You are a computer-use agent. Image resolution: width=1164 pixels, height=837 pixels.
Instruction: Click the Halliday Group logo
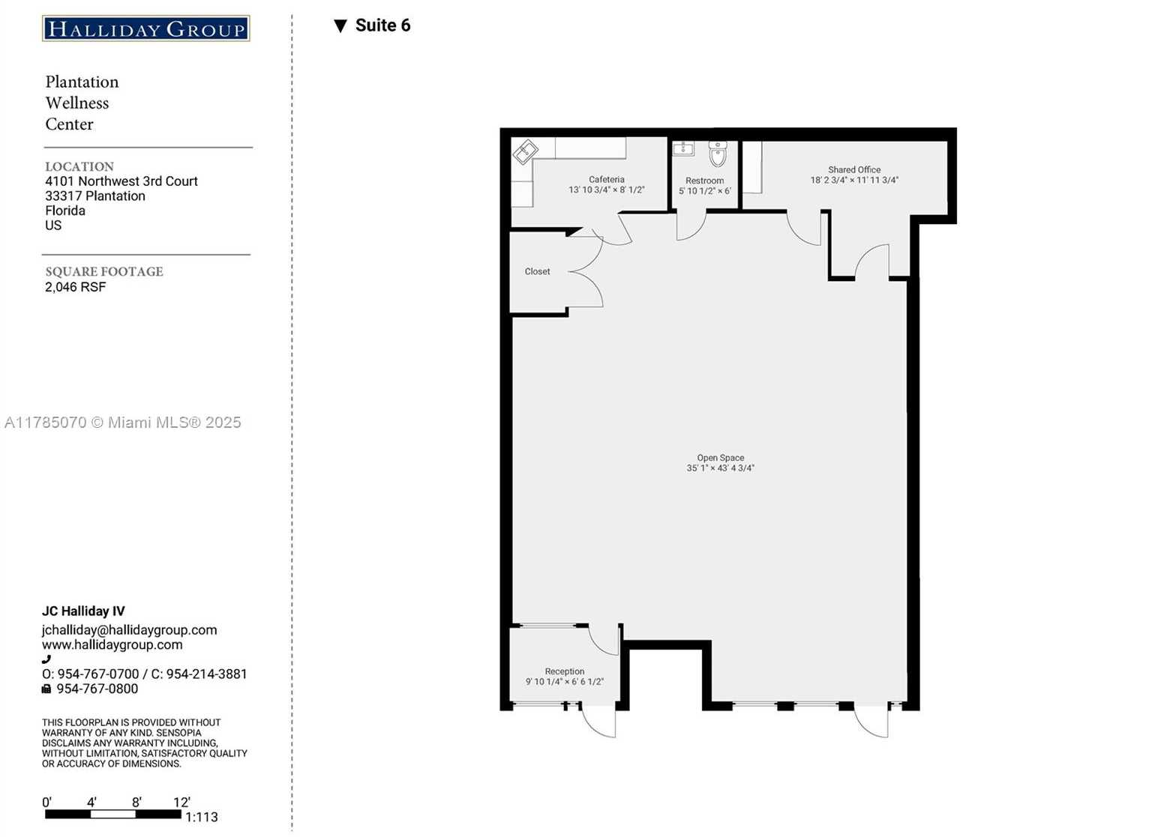pyautogui.click(x=146, y=28)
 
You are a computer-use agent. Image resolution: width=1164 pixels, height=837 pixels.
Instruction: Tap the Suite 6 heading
pyautogui.click(x=383, y=25)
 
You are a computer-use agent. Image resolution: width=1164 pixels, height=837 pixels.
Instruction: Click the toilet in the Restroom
pyautogui.click(x=718, y=154)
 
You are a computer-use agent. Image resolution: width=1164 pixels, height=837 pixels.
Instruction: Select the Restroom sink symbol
pyautogui.click(x=683, y=148)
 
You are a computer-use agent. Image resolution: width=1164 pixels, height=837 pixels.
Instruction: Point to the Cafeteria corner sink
pyautogui.click(x=525, y=152)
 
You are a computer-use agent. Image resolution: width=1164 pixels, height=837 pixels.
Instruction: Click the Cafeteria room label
pyautogui.click(x=607, y=179)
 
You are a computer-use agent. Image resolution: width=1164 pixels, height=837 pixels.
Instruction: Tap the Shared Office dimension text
pyautogui.click(x=854, y=180)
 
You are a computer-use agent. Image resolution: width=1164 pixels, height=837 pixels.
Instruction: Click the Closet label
pyautogui.click(x=537, y=271)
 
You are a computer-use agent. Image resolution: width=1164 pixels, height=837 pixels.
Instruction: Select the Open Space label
pyautogui.click(x=721, y=457)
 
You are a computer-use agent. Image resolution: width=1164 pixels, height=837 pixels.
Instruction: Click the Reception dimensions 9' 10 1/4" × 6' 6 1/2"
pyautogui.click(x=564, y=681)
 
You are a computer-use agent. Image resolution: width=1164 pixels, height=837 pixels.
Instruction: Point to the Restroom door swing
pyautogui.click(x=691, y=226)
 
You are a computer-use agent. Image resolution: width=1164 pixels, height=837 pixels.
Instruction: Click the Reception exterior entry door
pyautogui.click(x=598, y=720)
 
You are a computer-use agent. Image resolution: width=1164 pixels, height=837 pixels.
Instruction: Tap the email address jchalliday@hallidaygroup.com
pyautogui.click(x=130, y=630)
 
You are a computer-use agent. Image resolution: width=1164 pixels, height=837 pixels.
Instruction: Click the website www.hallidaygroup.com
pyautogui.click(x=112, y=644)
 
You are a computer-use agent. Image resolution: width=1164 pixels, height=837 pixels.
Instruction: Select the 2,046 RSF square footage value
pyautogui.click(x=75, y=286)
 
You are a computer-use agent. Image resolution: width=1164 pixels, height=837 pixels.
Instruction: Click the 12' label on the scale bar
pyautogui.click(x=181, y=802)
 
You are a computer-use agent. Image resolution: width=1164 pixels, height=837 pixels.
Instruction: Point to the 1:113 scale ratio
pyautogui.click(x=202, y=817)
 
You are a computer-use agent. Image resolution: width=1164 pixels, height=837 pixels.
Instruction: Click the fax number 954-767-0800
pyautogui.click(x=97, y=689)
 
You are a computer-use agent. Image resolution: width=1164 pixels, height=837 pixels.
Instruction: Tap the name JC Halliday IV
pyautogui.click(x=83, y=611)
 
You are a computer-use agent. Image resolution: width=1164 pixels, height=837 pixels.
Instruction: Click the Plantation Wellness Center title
pyautogui.click(x=82, y=103)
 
